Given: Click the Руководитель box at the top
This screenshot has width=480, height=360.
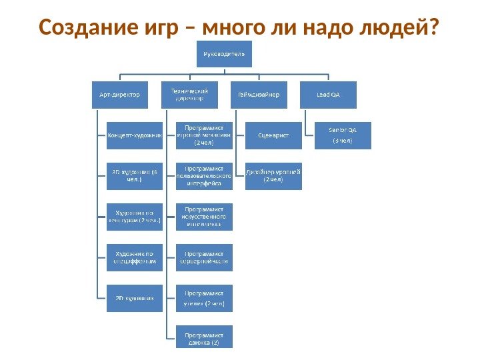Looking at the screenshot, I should click(225, 53).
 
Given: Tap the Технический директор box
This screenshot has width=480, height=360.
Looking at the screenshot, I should click(190, 95).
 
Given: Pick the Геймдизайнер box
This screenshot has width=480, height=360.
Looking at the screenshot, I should click(259, 95).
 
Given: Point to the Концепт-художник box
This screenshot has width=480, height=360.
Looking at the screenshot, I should click(135, 135).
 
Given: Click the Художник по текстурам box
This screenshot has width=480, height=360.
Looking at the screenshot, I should click(135, 217).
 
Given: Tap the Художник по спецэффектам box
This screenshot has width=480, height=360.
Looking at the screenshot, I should click(135, 257).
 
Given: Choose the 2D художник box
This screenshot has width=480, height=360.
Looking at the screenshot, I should click(135, 298).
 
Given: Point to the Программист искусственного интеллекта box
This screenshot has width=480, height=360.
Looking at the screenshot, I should click(204, 217).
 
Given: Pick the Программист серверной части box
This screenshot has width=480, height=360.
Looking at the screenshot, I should click(204, 257).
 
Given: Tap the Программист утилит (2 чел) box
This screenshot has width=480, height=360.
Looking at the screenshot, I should click(204, 298).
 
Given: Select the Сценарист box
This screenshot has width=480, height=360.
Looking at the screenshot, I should click(273, 135).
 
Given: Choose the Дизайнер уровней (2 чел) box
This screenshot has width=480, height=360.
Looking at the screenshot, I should click(273, 176).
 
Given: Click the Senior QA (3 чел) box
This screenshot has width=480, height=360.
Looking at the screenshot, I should click(343, 135).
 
